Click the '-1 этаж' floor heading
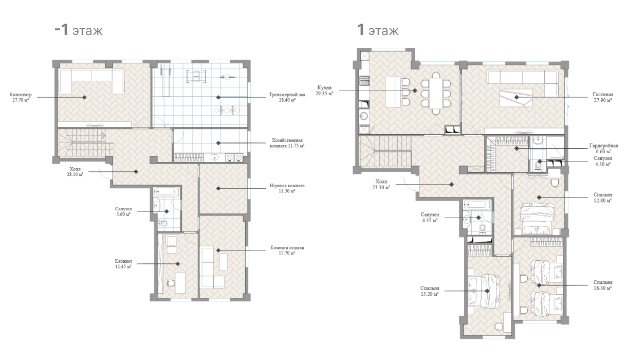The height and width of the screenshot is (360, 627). click(79, 30)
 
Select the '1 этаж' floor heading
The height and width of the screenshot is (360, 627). click(378, 30)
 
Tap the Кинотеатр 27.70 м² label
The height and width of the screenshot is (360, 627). click(21, 97)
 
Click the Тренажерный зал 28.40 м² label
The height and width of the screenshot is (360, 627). click(287, 97)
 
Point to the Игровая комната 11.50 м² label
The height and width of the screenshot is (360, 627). click(287, 188)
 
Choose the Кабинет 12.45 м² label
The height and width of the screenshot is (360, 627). click(123, 264)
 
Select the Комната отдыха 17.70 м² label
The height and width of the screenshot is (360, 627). click(287, 250)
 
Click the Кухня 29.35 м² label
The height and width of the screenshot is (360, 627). click(324, 91)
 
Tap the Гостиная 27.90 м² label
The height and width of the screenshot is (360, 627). click(603, 97)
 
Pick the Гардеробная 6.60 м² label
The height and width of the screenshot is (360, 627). click(603, 149)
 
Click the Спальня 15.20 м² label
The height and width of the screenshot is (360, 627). click(430, 291)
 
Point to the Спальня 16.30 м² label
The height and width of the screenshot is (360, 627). click(603, 285)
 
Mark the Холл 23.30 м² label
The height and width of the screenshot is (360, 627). click(381, 185)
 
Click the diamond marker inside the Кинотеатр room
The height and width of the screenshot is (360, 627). click(84, 97)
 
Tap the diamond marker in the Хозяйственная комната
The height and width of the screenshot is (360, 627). click(218, 143)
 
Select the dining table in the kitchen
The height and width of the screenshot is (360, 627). click(436, 93)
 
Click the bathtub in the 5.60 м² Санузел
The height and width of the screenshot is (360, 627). click(166, 192)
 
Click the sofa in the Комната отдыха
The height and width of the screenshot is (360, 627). click(209, 267)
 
